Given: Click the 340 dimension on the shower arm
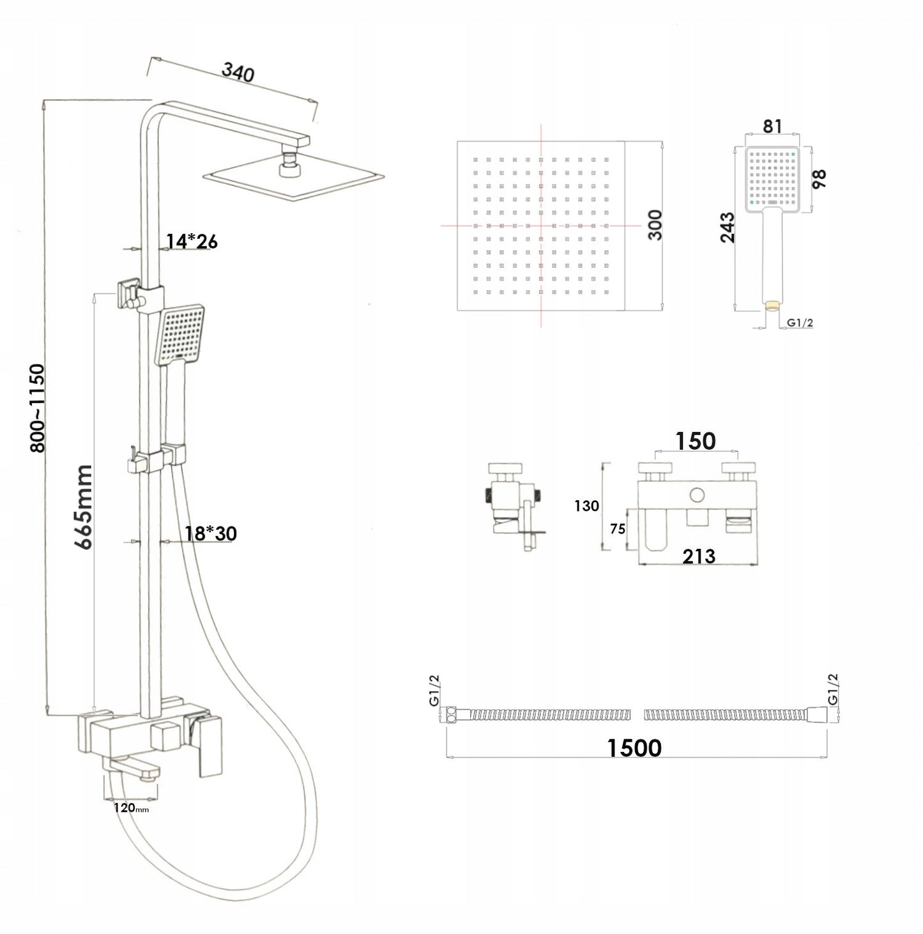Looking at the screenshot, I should pyautogui.click(x=238, y=72).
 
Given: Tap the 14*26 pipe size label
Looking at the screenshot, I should pyautogui.click(x=192, y=241).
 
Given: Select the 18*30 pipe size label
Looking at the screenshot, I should pyautogui.click(x=211, y=533).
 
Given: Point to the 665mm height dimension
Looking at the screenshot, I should pyautogui.click(x=84, y=507).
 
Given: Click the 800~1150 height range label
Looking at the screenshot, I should pyautogui.click(x=38, y=408).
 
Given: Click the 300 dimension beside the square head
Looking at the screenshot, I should pyautogui.click(x=655, y=224).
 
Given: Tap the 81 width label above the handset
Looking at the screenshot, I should pyautogui.click(x=772, y=126).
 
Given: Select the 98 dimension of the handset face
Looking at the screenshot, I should pyautogui.click(x=819, y=179).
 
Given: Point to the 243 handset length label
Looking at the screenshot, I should pyautogui.click(x=728, y=227).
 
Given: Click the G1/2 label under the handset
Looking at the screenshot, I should pyautogui.click(x=800, y=323).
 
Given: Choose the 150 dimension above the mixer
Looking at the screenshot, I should pyautogui.click(x=696, y=441).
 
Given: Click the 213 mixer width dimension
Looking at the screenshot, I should pyautogui.click(x=699, y=556).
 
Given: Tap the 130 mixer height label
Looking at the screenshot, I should pyautogui.click(x=586, y=506).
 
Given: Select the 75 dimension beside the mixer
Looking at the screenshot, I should pyautogui.click(x=617, y=529).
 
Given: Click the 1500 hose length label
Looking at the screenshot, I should pyautogui.click(x=634, y=747).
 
